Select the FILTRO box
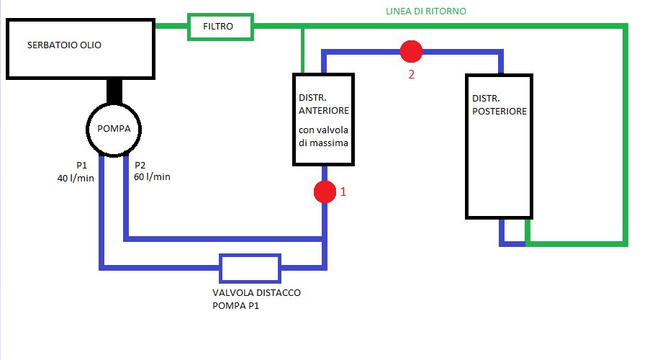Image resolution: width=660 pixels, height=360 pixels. (220, 27)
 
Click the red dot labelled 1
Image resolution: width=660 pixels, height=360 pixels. (325, 192)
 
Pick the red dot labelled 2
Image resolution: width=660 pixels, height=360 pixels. (411, 51)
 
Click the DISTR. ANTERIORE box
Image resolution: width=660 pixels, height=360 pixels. (324, 119)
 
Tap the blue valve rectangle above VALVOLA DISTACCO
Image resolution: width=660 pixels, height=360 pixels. (250, 268)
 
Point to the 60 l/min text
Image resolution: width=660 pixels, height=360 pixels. (153, 177)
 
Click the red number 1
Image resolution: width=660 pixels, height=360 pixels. (343, 192)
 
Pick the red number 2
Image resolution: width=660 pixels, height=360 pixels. (411, 73)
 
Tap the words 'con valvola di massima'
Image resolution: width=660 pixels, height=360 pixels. (324, 137)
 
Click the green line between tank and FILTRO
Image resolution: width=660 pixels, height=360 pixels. (172, 27)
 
